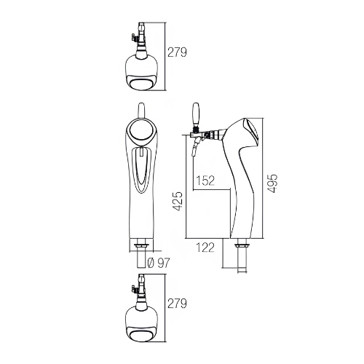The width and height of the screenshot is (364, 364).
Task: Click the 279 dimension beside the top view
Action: coord(177,52)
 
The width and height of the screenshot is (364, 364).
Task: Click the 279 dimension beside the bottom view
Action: coord(177,304)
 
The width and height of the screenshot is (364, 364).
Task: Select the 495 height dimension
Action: coord(272,183)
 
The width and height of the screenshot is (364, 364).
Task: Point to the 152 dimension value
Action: coord(205,181)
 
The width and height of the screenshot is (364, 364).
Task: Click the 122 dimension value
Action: coord(205,248)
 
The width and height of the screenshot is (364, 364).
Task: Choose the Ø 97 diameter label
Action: coord(159,263)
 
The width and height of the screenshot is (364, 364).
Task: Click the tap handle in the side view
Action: coord(196,115)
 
